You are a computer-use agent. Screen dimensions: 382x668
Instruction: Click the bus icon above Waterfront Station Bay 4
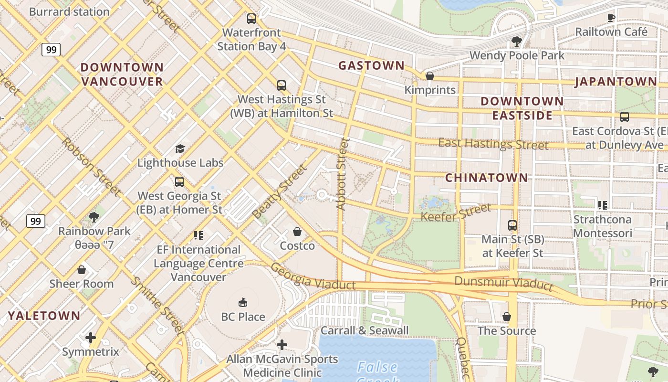tap(251, 19)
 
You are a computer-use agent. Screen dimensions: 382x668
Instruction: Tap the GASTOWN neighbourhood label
tap(371, 66)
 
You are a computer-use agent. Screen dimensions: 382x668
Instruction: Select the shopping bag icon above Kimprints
tap(429, 76)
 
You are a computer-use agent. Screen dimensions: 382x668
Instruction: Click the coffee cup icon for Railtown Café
tap(611, 18)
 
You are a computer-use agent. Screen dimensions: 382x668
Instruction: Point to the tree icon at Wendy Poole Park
tap(516, 42)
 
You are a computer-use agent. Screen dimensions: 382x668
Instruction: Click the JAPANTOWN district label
tap(616, 82)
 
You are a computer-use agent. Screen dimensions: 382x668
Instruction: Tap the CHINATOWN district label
tap(487, 178)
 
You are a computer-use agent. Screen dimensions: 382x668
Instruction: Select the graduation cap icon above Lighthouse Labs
tap(180, 149)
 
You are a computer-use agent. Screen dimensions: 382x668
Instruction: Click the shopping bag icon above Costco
tap(297, 232)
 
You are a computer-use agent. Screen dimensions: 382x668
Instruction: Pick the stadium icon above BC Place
tap(243, 303)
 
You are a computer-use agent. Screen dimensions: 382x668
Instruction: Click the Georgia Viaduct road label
tap(313, 277)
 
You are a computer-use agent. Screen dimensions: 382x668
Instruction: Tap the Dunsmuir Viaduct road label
tap(503, 283)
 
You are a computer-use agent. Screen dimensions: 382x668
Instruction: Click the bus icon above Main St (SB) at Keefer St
tap(512, 225)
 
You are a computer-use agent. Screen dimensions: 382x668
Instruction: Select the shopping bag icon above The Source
tap(507, 317)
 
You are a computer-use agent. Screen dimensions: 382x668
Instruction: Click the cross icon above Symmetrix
tap(90, 338)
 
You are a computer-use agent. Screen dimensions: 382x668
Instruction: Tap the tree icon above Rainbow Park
tap(94, 217)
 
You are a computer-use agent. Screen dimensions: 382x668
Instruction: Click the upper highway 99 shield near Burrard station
tap(51, 50)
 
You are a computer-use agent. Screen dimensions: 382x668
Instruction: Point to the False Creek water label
tap(377, 368)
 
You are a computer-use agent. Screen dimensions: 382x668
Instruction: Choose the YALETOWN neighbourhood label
tap(44, 316)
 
